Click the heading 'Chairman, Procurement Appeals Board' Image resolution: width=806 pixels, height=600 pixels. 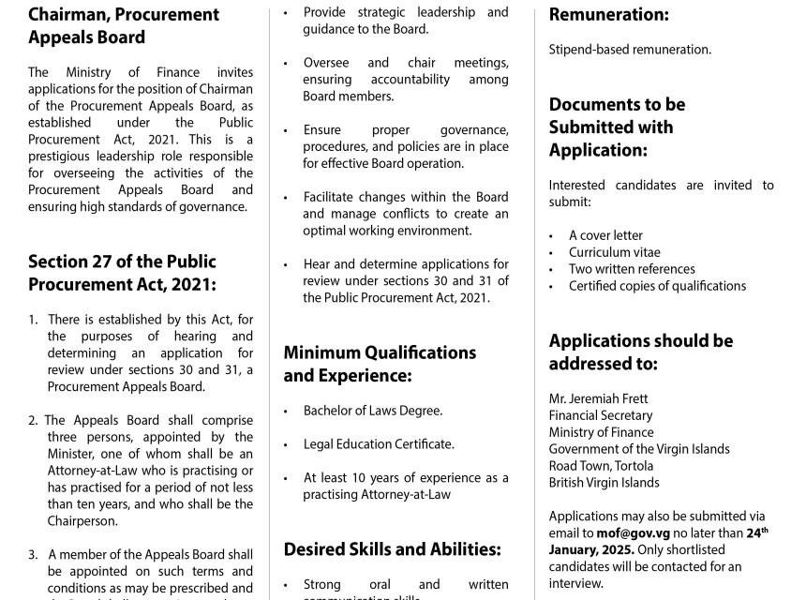tap(124, 26)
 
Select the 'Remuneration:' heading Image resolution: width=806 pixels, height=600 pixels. tap(608, 15)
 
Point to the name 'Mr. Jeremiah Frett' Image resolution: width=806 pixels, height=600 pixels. tap(598, 398)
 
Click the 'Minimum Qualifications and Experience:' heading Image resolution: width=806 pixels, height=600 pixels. tap(380, 364)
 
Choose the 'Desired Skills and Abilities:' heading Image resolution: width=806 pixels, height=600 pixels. tap(392, 549)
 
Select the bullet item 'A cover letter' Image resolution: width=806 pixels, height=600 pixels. tap(605, 235)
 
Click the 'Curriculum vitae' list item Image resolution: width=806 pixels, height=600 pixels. tap(614, 252)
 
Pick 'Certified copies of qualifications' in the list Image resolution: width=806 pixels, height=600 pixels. tap(657, 286)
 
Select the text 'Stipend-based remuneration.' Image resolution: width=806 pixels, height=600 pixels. tap(630, 50)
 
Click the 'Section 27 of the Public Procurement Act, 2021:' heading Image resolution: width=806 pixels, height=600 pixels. tap(122, 273)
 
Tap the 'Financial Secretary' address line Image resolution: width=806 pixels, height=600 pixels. tap(601, 415)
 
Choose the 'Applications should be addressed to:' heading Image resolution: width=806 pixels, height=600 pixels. tap(641, 352)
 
